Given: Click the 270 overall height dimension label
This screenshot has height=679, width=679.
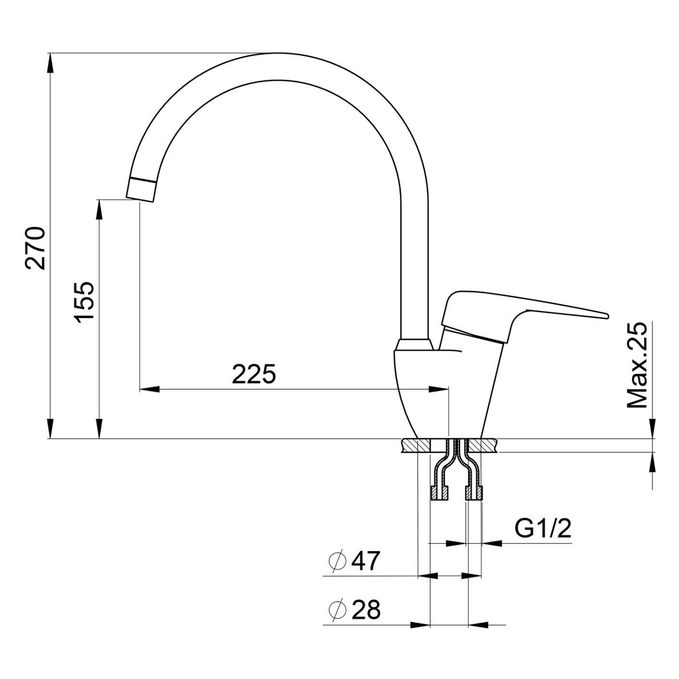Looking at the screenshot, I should (36, 248).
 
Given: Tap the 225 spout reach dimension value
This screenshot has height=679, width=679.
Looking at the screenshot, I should (254, 374).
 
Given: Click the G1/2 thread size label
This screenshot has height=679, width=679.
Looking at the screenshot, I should (543, 529).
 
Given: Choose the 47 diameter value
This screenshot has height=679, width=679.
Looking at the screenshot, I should (366, 561).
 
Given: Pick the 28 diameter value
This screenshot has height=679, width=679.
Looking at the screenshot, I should (366, 610).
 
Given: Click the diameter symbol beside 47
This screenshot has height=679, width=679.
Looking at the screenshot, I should (338, 561).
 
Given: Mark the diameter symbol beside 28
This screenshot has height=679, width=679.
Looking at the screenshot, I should (338, 610).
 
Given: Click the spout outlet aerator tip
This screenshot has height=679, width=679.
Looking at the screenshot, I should (142, 189).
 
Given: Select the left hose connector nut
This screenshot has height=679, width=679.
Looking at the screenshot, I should (439, 493).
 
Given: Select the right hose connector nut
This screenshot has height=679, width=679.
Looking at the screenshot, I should (474, 493).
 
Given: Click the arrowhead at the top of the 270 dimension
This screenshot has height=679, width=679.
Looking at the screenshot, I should (50, 63).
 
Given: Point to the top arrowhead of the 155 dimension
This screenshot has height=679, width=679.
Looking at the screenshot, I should (99, 208).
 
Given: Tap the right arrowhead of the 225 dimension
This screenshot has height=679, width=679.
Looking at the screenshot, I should (438, 389).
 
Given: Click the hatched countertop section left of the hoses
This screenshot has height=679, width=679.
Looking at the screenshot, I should (416, 446).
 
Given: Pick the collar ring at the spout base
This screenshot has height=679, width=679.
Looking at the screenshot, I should (414, 345).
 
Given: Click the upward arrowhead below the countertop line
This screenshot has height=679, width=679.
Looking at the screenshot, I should (652, 462).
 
